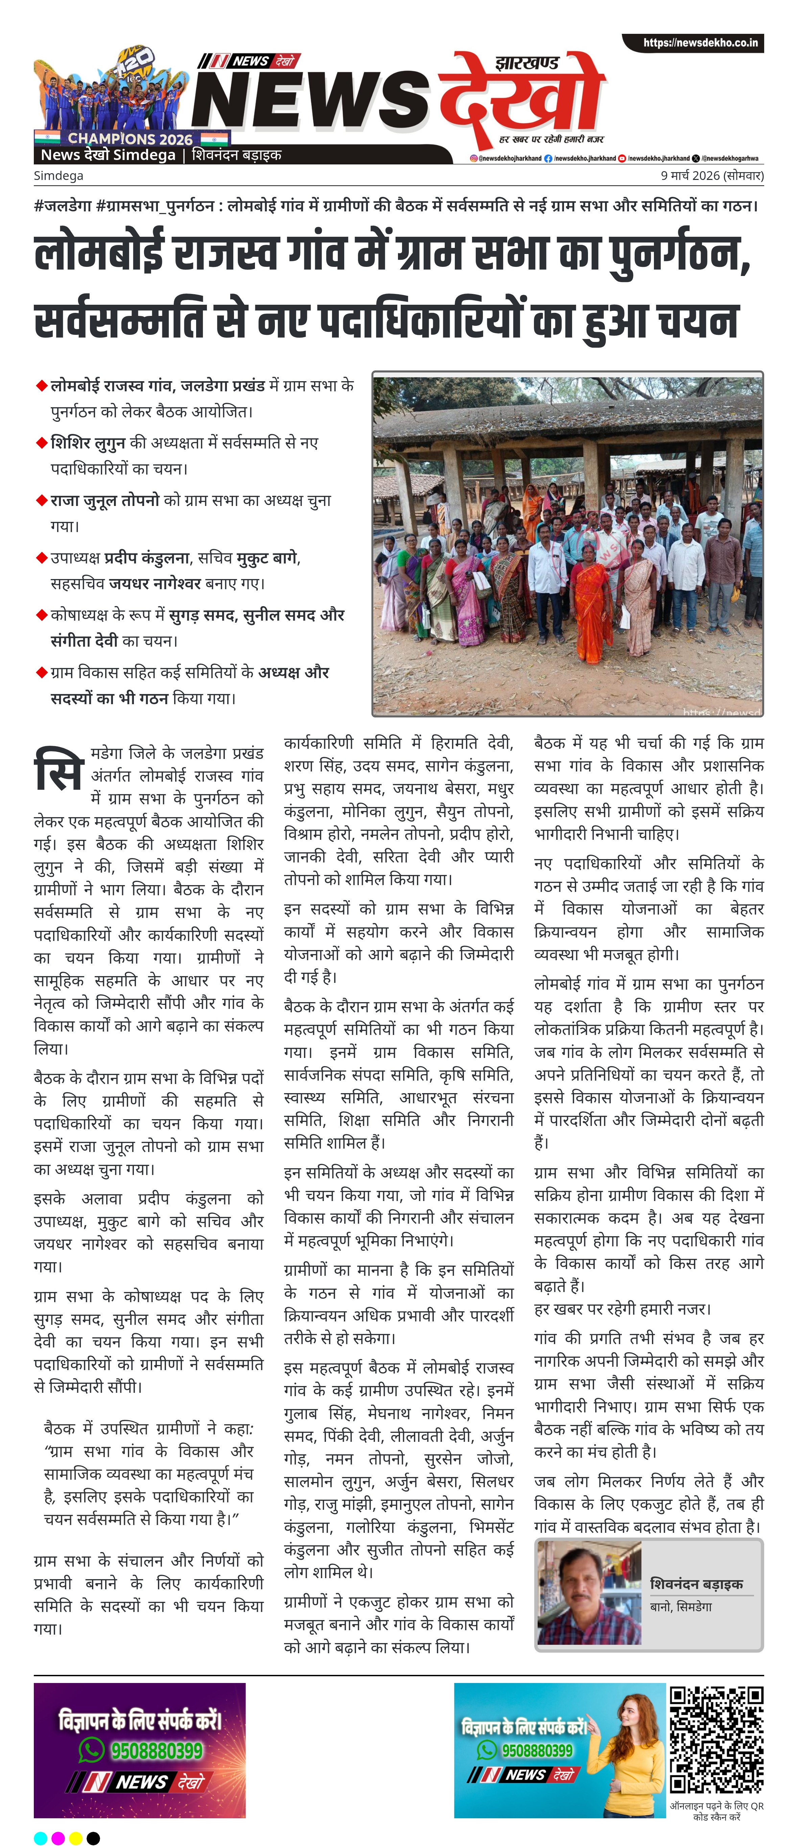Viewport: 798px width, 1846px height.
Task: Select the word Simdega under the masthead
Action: (59, 176)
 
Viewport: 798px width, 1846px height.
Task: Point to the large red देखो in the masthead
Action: (521, 93)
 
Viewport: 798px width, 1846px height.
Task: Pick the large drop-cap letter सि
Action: (59, 770)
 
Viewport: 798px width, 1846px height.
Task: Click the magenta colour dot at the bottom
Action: (58, 1838)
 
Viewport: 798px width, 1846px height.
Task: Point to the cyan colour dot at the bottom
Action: (41, 1838)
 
